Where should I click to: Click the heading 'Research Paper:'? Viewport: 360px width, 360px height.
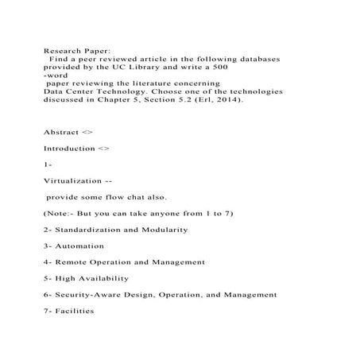point(74,49)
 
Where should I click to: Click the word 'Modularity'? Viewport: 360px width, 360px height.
point(160,230)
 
